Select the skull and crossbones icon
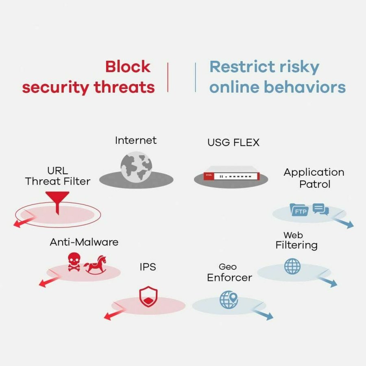pos(74,261)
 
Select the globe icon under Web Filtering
pos(292,266)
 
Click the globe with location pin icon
pos(228,299)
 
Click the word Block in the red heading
pos(128,67)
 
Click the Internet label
pos(135,141)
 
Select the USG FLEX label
pos(233,143)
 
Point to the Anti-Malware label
pos(84,242)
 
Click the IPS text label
pos(147,267)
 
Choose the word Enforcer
pos(229,277)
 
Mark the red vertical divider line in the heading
pos(168,77)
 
